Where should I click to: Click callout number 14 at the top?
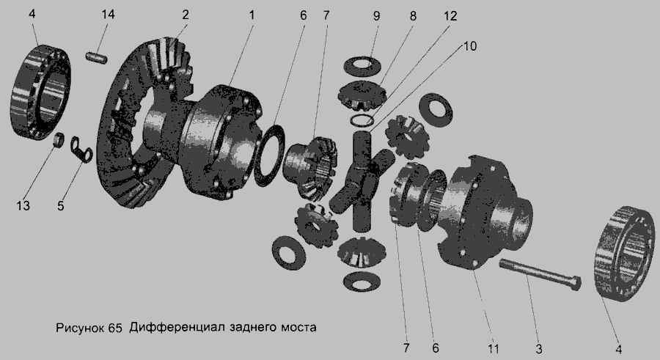pyautogui.click(x=108, y=15)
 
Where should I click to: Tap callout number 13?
pyautogui.click(x=23, y=205)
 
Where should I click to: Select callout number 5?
pyautogui.click(x=61, y=206)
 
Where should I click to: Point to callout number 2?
pyautogui.click(x=186, y=15)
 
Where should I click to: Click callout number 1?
pyautogui.click(x=252, y=15)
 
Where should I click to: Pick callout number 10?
pyautogui.click(x=470, y=45)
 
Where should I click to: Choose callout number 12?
pyautogui.click(x=450, y=16)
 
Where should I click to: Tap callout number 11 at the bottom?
pyautogui.click(x=494, y=348)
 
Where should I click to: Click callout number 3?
pyautogui.click(x=539, y=348)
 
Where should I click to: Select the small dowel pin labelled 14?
pyautogui.click(x=97, y=57)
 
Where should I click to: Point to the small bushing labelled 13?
pyautogui.click(x=59, y=139)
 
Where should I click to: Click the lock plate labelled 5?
pyautogui.click(x=79, y=150)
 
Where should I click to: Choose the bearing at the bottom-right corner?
pyautogui.click(x=625, y=254)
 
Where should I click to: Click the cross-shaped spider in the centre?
pyautogui.click(x=362, y=181)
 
